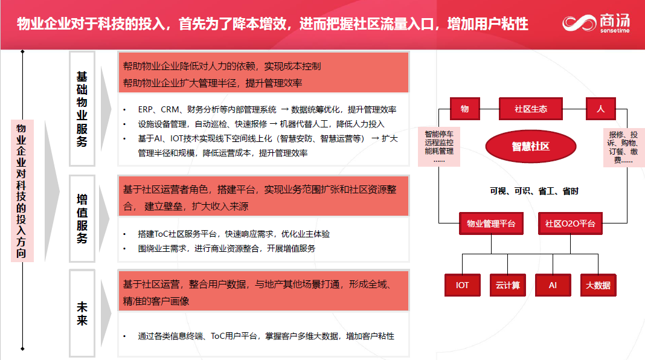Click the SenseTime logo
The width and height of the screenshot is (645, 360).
pos(596,23)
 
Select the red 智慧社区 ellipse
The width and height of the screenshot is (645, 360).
pos(531,146)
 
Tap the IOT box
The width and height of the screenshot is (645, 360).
pos(463,285)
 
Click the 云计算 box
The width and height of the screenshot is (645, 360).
pos(508,285)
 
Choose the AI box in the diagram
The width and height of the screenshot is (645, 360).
pos(553,285)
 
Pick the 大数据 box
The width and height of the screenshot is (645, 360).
pos(598,285)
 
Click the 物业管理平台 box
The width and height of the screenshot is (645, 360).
pos(491,223)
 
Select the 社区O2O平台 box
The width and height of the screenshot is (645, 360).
pos(570,223)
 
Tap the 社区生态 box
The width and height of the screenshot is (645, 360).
pos(531,109)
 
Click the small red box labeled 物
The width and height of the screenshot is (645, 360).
pos(465,109)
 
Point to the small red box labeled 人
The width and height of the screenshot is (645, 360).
pos(600,109)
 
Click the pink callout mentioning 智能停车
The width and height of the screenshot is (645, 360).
pos(439,147)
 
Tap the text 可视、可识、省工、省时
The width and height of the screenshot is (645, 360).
pos(534,191)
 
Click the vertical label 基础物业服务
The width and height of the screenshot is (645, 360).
pos(82,109)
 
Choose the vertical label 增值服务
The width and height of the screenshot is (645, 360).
pos(82,219)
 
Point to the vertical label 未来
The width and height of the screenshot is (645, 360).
pos(82,313)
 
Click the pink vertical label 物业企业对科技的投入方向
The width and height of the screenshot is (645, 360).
pos(21,191)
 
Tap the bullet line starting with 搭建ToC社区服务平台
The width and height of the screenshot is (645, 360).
pos(234,234)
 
